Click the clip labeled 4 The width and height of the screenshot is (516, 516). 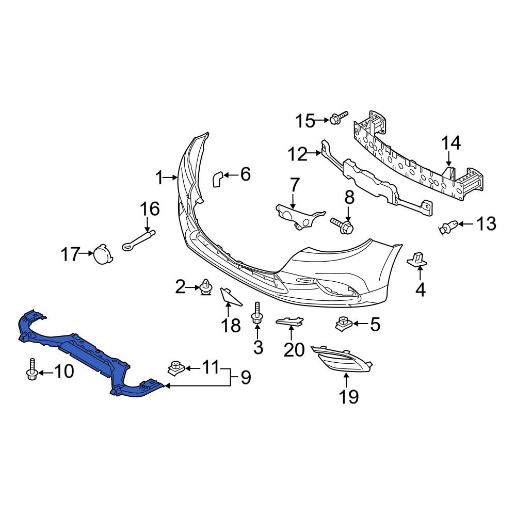point(418,259)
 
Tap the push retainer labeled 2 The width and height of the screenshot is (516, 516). point(206,287)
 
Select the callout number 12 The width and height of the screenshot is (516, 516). point(297,153)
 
